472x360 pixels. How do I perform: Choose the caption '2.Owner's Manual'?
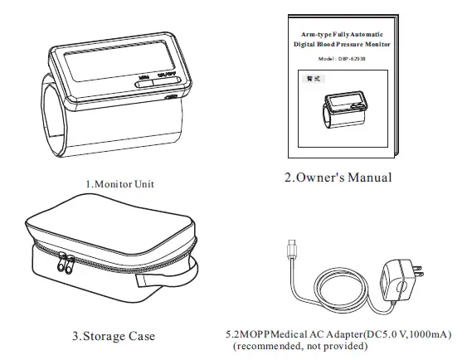(338, 178)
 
